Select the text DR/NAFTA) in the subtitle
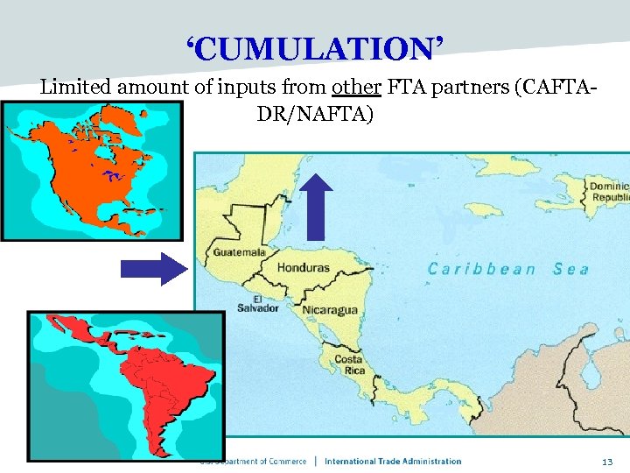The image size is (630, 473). [x=315, y=113]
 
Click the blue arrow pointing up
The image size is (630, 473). [x=317, y=206]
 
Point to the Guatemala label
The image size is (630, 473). [x=239, y=252]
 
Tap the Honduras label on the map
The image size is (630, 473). [x=304, y=267]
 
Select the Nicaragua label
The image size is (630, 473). [x=330, y=310]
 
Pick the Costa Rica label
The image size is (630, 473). [x=348, y=365]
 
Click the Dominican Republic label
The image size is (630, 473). [x=608, y=193]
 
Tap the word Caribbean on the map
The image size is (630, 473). [x=481, y=269]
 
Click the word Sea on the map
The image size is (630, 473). [x=570, y=269]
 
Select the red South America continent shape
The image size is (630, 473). [x=166, y=385]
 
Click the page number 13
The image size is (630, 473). [x=606, y=461]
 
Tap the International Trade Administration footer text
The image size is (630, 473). [x=393, y=461]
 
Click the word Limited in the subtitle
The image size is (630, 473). [x=76, y=88]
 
